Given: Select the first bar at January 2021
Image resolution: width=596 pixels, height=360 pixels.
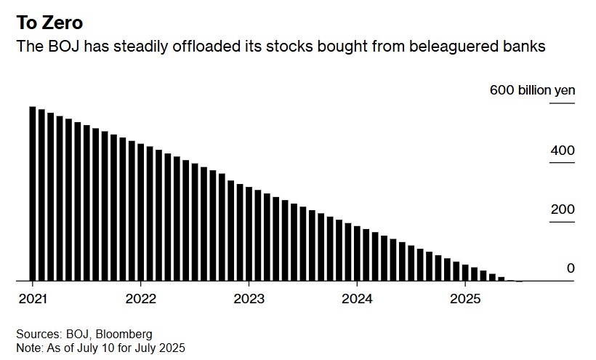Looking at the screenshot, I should click(x=33, y=193).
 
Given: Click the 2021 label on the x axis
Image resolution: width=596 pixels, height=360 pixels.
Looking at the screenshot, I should click(x=32, y=299).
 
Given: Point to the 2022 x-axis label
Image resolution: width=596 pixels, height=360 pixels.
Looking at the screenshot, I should click(x=140, y=299).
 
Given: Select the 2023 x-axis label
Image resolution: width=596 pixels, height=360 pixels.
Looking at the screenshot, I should click(x=249, y=299).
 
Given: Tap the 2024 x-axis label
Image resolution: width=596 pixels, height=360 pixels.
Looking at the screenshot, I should click(x=358, y=299).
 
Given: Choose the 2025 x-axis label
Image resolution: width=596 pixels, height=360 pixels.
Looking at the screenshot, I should click(x=466, y=299).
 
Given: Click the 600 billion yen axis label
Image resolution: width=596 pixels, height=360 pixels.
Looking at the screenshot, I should click(x=533, y=91).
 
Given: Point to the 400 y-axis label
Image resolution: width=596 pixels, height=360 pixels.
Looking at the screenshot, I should click(x=563, y=151).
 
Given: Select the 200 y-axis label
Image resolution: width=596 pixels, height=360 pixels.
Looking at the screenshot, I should click(x=563, y=210).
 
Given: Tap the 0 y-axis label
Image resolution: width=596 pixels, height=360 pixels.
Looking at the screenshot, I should click(x=571, y=268).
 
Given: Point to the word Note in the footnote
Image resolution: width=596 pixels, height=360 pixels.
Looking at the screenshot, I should click(x=28, y=348).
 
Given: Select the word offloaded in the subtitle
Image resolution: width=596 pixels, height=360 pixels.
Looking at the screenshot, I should click(x=204, y=47).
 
